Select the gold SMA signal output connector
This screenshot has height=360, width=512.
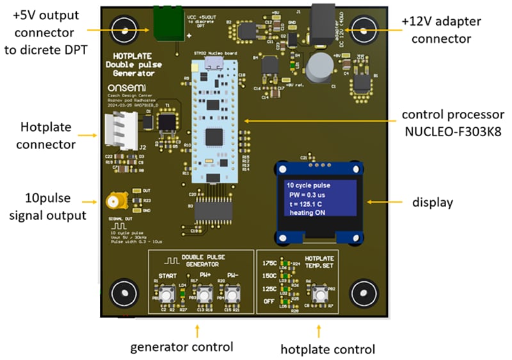pos(107,201)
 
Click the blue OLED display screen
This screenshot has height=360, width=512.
pos(318,200)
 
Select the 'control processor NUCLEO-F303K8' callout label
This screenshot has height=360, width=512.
pos(452,121)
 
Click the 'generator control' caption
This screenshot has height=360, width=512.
pos(182,347)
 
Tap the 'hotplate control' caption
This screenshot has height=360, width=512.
pos(328,348)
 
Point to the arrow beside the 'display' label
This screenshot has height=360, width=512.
pos(385,202)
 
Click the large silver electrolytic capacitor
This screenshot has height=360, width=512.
pos(318,66)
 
